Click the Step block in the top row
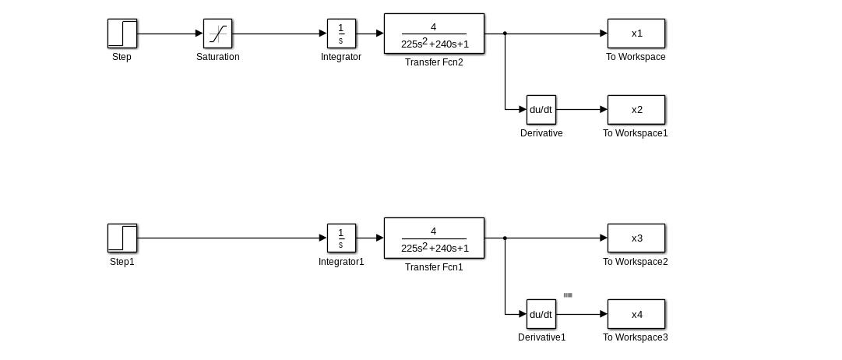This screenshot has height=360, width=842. (x=122, y=34)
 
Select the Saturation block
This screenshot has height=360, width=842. (x=217, y=34)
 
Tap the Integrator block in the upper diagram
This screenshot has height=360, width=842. (x=341, y=34)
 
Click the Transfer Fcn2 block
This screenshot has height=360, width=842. (x=434, y=34)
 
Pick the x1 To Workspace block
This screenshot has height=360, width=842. (x=636, y=34)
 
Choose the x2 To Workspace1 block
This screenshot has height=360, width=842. (x=636, y=110)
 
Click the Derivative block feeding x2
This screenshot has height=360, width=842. (x=541, y=110)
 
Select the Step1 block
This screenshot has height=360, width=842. (x=122, y=238)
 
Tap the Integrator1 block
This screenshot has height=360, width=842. (x=341, y=238)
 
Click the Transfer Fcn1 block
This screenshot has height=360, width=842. (x=434, y=238)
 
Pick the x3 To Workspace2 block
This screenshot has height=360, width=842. (x=636, y=238)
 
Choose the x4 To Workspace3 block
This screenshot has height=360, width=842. (x=636, y=314)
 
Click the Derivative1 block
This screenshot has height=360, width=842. (x=541, y=314)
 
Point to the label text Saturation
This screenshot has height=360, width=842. (x=217, y=57)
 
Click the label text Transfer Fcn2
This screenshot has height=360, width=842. (x=434, y=62)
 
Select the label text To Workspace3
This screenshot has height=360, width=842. (x=635, y=337)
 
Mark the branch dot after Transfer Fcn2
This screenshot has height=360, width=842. (x=505, y=34)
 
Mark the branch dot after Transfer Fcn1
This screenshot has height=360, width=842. (x=505, y=238)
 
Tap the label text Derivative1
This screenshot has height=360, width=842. (x=541, y=337)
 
